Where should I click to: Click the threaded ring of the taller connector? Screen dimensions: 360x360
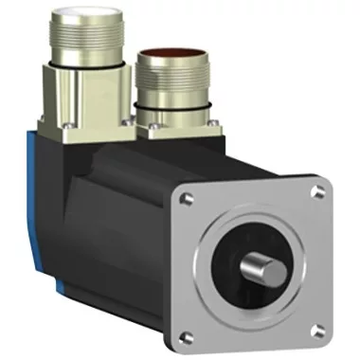tap(85, 47)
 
